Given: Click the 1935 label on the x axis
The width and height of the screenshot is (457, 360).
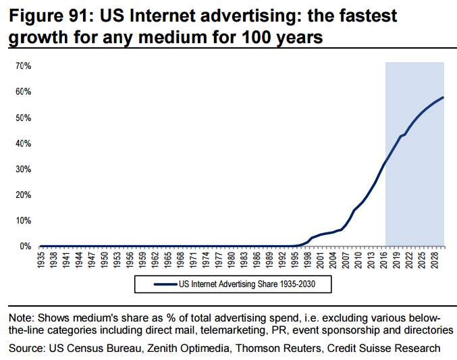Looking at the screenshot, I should click(x=41, y=260).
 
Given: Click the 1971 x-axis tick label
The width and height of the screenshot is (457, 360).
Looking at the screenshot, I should click(x=192, y=260).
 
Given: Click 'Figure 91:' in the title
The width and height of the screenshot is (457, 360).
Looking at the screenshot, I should click(x=48, y=15).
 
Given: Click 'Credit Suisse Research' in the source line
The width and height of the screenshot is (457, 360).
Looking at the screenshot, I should click(x=385, y=348).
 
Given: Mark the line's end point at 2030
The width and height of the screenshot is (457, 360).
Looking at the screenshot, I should click(x=443, y=97).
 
